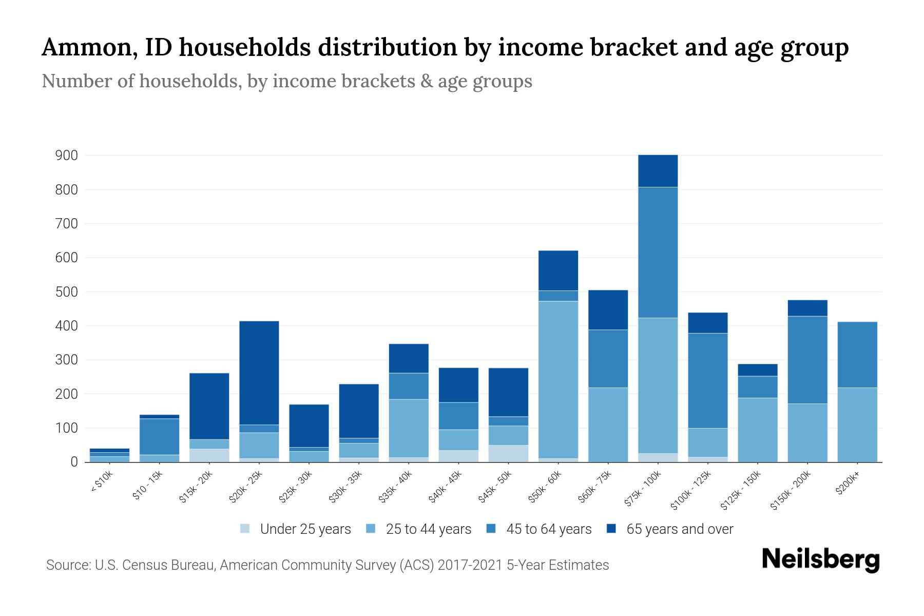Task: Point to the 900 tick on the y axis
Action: (66, 156)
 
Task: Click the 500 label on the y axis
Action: (66, 292)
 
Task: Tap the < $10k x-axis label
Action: (101, 483)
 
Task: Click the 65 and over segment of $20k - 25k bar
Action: (259, 373)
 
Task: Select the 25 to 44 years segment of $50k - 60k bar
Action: (558, 380)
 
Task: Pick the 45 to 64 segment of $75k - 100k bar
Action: (658, 253)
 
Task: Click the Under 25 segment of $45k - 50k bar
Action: (508, 453)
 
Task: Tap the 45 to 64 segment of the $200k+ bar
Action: (857, 355)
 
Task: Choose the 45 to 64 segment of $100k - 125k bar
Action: (707, 380)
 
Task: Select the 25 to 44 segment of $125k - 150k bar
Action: (757, 430)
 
